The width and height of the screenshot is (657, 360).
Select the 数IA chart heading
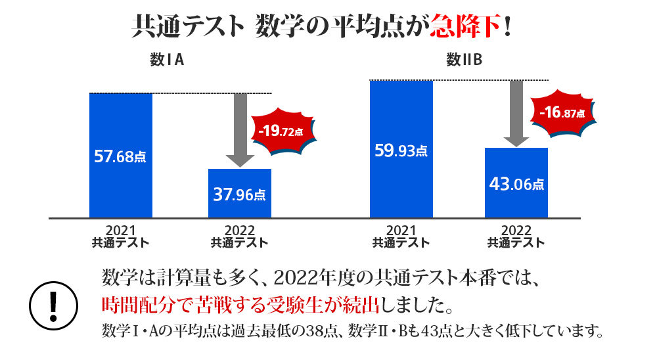[x=166, y=61]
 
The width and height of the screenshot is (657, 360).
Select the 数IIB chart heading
[x=464, y=61]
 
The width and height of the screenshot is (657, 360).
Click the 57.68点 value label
[x=121, y=156]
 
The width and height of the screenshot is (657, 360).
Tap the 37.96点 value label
[x=239, y=194]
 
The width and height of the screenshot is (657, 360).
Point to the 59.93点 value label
[x=401, y=150]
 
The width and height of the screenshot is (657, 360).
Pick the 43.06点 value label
[x=516, y=185]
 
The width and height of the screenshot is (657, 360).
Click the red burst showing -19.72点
[x=283, y=131]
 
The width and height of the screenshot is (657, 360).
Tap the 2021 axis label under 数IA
[x=121, y=236]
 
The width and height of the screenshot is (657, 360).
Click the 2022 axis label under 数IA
[x=239, y=236]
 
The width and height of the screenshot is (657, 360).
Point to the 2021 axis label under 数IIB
[x=401, y=236]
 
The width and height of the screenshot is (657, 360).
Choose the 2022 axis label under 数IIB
[x=516, y=236]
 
